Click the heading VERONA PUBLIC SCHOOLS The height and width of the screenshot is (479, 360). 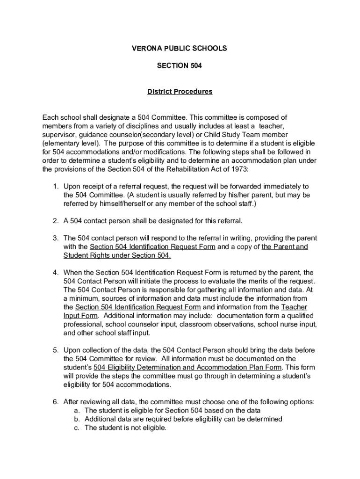tap(180, 48)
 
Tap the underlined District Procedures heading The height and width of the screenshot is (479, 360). tap(180, 92)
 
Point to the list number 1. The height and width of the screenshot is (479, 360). tap(55, 187)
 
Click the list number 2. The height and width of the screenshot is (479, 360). tap(55, 221)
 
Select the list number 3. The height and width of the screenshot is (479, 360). tap(55, 238)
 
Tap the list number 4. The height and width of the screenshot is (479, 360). tap(55, 272)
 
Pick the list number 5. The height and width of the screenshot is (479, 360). tap(55, 350)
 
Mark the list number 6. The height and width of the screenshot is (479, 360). tap(55, 402)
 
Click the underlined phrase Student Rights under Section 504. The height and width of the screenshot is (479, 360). tap(117, 255)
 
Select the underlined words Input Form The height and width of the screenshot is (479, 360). tap(81, 316)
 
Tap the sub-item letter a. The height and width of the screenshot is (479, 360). tap(77, 411)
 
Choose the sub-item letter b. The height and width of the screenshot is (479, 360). tap(77, 419)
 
